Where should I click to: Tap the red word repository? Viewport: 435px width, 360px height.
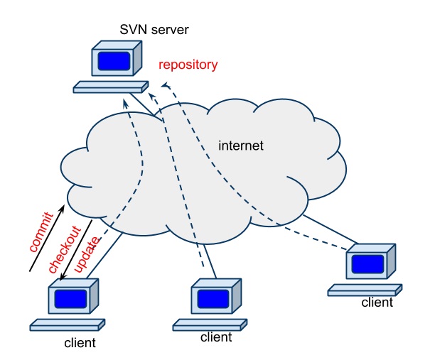coord(188,65)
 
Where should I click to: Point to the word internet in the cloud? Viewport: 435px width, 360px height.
coord(241,146)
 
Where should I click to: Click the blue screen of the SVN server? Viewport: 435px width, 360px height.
coord(114,61)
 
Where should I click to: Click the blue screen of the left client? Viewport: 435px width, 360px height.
coord(72,298)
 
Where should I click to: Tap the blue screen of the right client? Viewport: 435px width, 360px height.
coord(370,264)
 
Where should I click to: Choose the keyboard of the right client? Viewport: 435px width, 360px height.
coord(364,289)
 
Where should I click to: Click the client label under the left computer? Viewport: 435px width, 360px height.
coord(80,344)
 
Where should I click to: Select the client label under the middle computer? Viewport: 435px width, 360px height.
coord(216,337)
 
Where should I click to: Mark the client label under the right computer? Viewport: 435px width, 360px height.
coord(377,302)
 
